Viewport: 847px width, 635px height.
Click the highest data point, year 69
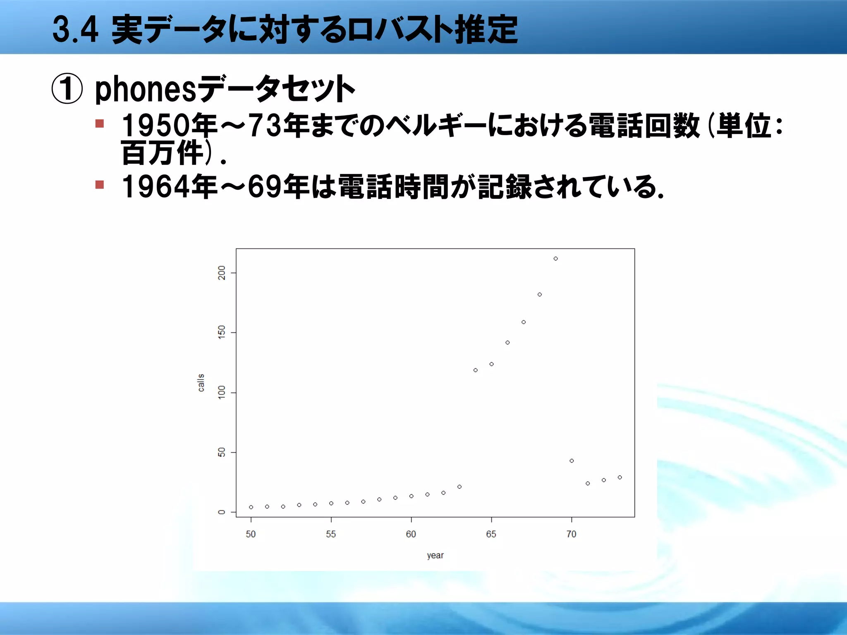pyautogui.click(x=555, y=259)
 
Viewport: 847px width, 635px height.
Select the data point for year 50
pyautogui.click(x=251, y=507)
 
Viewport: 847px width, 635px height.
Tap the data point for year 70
pyautogui.click(x=572, y=461)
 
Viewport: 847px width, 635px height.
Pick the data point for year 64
pyautogui.click(x=476, y=370)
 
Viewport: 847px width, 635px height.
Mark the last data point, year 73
pyautogui.click(x=620, y=477)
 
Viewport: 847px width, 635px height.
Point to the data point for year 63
pyautogui.click(x=459, y=487)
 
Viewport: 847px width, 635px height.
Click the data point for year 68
pyautogui.click(x=540, y=295)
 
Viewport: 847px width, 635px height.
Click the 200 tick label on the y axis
pyautogui.click(x=222, y=273)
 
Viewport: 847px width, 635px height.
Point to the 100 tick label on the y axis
pyautogui.click(x=222, y=392)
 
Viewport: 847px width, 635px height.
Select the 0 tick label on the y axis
pyautogui.click(x=222, y=512)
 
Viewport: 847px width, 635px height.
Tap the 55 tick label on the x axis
pyautogui.click(x=331, y=534)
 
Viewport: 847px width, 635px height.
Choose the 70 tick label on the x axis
pyautogui.click(x=571, y=534)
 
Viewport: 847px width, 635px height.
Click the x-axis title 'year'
pyautogui.click(x=435, y=556)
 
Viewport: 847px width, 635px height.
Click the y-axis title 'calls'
pyautogui.click(x=201, y=383)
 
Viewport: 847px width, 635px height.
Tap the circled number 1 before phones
pyautogui.click(x=67, y=89)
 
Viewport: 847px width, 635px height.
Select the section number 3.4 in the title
pyautogui.click(x=75, y=30)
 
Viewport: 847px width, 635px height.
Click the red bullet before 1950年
pyautogui.click(x=100, y=124)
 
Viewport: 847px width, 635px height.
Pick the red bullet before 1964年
pyautogui.click(x=100, y=184)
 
